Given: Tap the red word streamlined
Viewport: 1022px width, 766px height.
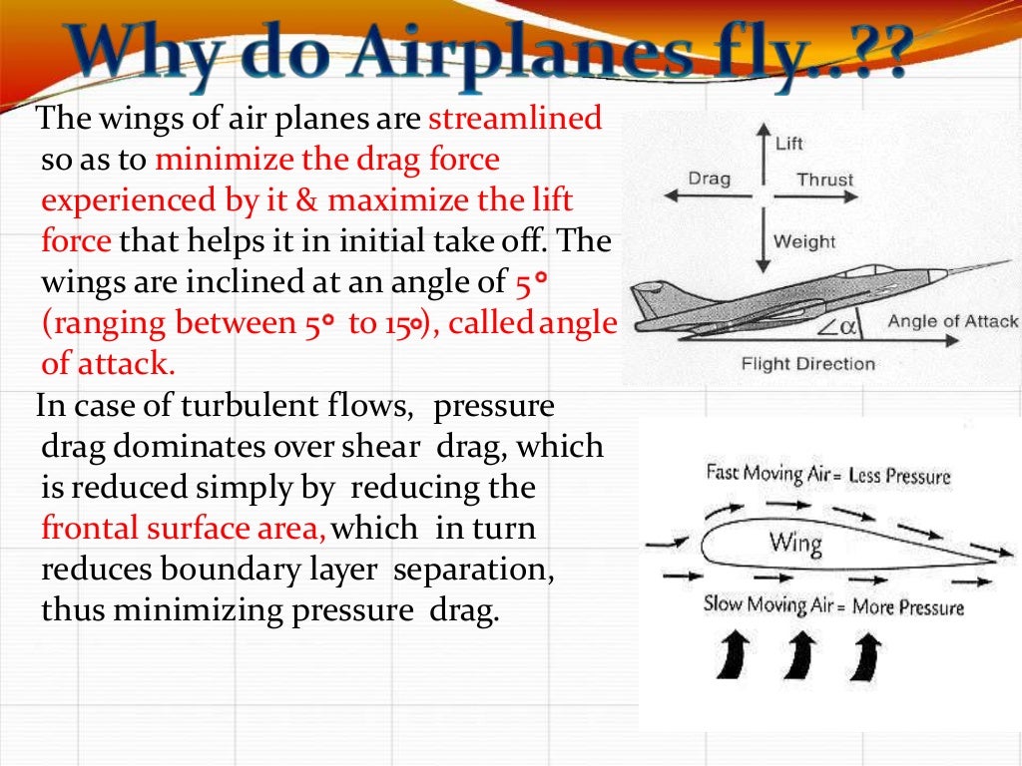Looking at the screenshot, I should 515,120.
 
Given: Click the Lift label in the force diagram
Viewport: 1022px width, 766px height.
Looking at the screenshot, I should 788,144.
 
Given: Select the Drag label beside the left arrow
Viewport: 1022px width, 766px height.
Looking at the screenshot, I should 709,180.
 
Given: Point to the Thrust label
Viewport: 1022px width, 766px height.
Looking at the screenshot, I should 824,181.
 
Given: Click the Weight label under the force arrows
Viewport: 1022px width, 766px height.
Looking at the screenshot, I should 804,241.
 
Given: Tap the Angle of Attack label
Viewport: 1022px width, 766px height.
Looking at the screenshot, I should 952,321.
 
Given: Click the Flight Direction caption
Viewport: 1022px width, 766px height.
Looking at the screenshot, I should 807,364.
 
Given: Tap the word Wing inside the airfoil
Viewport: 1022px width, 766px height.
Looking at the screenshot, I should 795,544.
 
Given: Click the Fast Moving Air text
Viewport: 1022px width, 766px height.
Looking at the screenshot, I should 766,473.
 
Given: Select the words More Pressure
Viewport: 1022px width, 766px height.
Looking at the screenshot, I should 908,606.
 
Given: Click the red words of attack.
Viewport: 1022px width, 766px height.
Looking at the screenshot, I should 108,363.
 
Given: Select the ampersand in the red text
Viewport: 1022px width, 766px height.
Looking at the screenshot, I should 305,200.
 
